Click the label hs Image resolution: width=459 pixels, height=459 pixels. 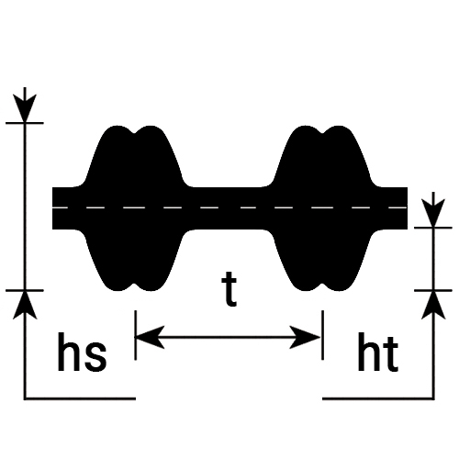[82, 352]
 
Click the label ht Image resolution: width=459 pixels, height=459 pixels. [378, 352]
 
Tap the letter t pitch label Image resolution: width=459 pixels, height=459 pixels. [229, 289]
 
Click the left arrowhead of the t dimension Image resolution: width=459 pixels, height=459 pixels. [150, 338]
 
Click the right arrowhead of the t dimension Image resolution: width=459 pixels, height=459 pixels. [306, 338]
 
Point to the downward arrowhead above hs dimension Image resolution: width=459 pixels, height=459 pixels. [25, 108]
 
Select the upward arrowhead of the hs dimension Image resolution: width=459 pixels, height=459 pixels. [25, 305]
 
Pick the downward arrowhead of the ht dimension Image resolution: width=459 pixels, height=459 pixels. [433, 213]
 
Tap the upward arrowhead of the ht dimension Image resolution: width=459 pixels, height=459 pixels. [433, 305]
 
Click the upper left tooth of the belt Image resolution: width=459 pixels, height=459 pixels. [135, 156]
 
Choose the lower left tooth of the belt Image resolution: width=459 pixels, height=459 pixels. [135, 260]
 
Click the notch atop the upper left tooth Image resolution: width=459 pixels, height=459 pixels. [135, 131]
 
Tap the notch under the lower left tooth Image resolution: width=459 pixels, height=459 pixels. [135, 286]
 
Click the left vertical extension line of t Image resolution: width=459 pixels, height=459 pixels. [136, 335]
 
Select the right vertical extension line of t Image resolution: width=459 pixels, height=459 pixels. [322, 335]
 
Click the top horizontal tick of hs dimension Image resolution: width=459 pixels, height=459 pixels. [25, 123]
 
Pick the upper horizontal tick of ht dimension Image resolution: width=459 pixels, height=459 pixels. [433, 228]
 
